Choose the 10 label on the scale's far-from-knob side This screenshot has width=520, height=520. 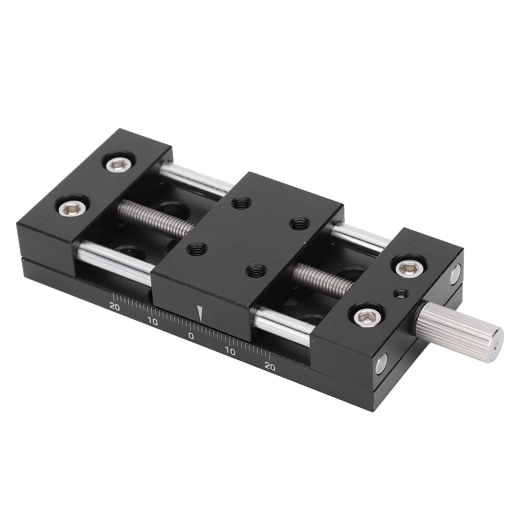click(152, 322)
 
